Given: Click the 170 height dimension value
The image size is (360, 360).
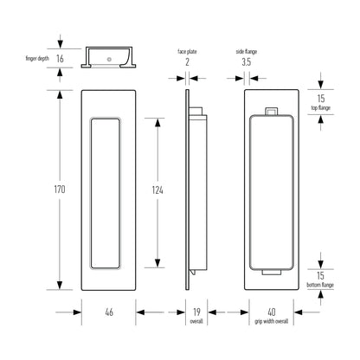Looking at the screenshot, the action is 60,190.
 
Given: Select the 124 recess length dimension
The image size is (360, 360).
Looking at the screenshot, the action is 157,190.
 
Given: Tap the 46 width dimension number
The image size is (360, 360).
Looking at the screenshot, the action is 109,312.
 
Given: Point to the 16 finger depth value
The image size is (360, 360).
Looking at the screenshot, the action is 60,59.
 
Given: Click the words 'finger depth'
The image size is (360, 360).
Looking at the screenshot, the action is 37,59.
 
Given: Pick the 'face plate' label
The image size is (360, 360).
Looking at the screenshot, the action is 187,52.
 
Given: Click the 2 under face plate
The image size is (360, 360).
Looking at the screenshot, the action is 187,61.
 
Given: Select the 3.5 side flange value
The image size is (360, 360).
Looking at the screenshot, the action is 246,61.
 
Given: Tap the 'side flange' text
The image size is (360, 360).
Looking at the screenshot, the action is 246,52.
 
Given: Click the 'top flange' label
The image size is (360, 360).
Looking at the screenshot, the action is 320,108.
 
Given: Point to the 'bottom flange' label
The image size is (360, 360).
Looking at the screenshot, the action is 320,285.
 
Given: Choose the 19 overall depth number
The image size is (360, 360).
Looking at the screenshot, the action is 196,312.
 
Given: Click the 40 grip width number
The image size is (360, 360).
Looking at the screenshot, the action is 272,312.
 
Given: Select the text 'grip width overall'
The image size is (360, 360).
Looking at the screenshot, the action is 271,321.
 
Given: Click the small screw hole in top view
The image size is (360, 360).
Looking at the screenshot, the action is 109,60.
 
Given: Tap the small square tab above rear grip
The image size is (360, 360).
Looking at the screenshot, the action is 271,112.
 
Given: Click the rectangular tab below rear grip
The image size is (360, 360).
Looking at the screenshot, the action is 271,273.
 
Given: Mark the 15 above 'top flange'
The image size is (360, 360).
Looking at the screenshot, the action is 321,99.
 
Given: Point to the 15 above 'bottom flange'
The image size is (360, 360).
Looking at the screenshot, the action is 320,275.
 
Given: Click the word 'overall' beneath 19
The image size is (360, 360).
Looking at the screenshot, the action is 196,321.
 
